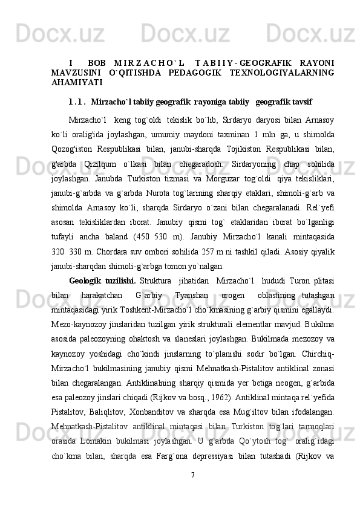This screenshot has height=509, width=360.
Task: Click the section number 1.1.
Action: coord(77,101)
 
